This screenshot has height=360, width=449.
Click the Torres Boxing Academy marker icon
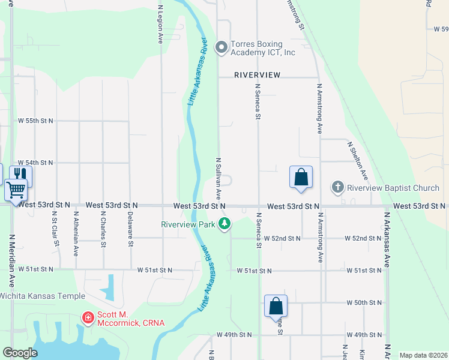[x=221, y=47]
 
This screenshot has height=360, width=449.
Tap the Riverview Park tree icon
[x=224, y=224]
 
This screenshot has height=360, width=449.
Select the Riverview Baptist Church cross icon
[x=337, y=188]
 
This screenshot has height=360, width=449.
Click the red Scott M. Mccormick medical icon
[x=88, y=316]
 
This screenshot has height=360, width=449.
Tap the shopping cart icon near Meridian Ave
[x=16, y=190]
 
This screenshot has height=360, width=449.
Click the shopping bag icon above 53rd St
[x=301, y=177]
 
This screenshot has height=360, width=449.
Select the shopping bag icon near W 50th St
[x=276, y=306]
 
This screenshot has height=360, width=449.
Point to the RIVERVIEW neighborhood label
[x=258, y=75]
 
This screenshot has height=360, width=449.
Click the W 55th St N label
[x=35, y=121]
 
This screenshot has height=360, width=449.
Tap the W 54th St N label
[x=35, y=163]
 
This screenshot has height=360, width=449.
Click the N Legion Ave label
[x=160, y=24]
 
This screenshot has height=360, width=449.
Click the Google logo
[x=20, y=353]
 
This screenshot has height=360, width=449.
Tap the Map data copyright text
[x=423, y=355]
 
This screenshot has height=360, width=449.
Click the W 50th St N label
[x=364, y=303]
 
